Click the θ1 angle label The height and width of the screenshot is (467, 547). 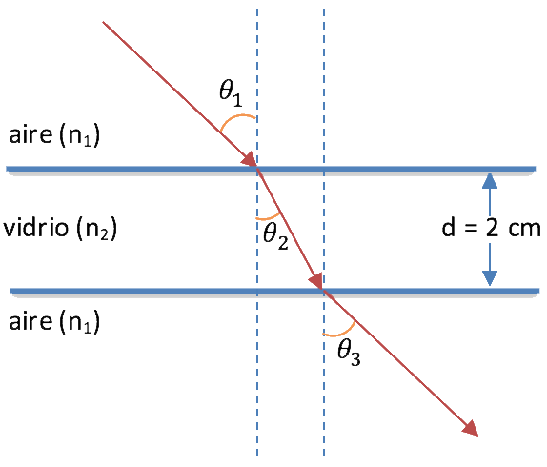point(231,92)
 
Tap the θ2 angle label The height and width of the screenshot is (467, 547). point(275,236)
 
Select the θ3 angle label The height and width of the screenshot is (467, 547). point(349,353)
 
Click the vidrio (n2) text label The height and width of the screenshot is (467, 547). point(60,229)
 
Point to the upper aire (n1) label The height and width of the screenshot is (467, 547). point(54,134)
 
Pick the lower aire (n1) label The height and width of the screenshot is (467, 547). point(54,321)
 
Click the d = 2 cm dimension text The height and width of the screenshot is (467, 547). point(491,229)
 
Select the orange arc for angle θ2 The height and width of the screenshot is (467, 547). point(270,218)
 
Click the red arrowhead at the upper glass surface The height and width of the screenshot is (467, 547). point(250,160)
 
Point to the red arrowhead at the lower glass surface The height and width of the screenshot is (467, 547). point(316,280)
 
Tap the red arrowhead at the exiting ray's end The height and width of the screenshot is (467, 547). point(470,428)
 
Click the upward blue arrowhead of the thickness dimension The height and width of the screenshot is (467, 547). point(490,181)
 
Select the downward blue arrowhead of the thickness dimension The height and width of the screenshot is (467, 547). point(490,278)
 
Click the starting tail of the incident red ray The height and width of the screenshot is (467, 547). point(103,22)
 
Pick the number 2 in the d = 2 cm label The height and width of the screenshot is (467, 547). point(492,229)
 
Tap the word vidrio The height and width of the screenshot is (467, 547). point(36,228)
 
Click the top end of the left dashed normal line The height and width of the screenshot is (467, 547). point(257,10)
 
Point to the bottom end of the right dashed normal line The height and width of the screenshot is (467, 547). point(324,456)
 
